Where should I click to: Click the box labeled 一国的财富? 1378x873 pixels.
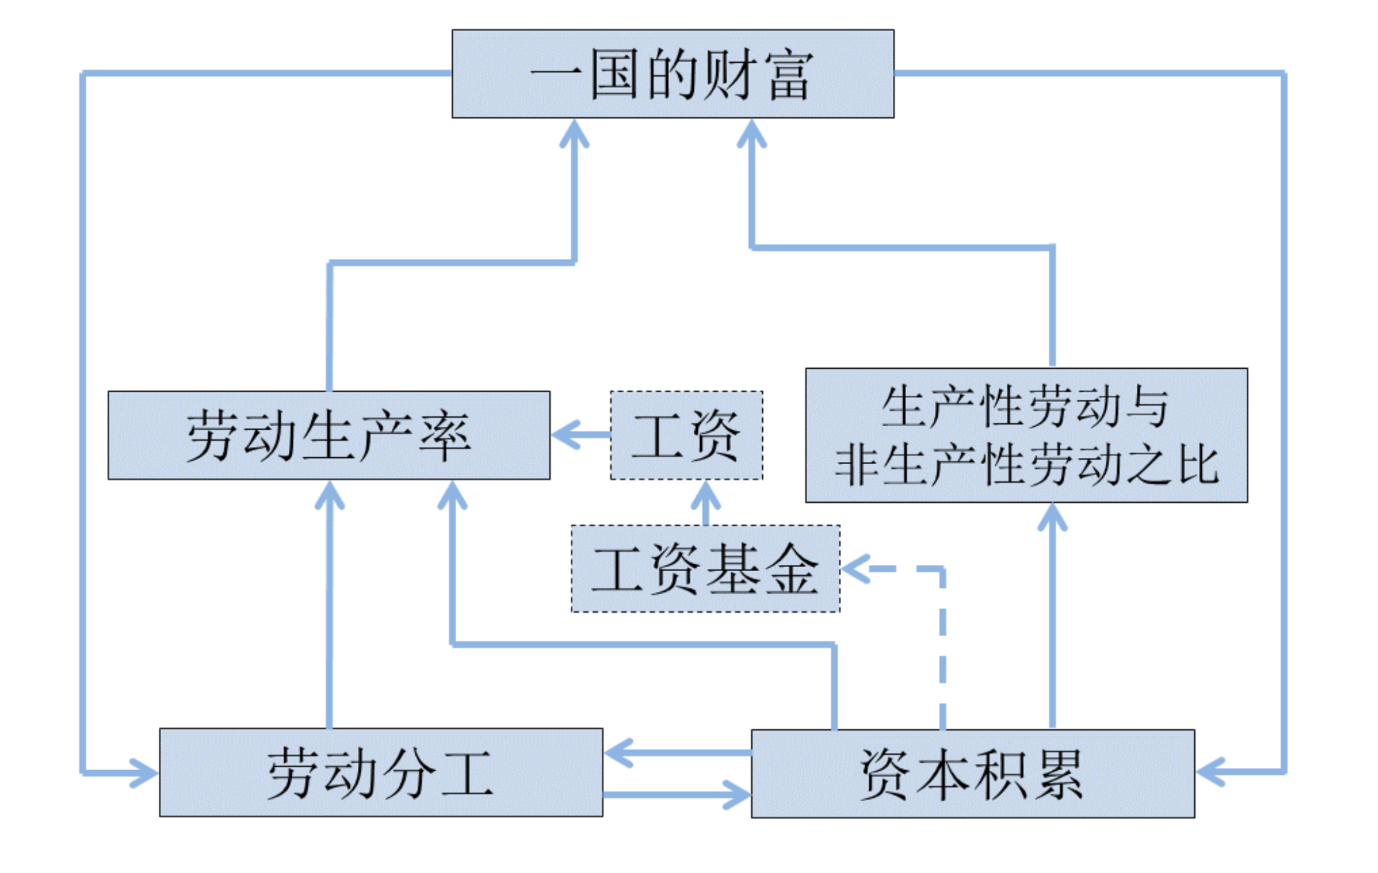pos(672,73)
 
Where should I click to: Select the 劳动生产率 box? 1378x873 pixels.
pos(328,435)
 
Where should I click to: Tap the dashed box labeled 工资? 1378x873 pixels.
pos(686,435)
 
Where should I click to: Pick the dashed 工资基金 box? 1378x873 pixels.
pos(705,568)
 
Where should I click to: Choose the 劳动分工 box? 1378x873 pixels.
pos(380,772)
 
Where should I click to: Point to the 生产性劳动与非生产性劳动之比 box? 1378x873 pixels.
pos(1026,435)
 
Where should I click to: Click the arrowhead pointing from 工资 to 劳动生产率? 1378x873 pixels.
pos(563,434)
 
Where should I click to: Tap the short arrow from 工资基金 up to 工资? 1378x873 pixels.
pos(706,503)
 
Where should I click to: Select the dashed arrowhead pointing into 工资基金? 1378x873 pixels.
pos(853,569)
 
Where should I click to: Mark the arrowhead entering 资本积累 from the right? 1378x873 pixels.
pos(1208,771)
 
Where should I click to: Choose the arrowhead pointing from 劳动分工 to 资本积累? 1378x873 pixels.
pos(738,794)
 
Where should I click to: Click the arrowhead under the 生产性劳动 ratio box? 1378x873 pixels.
pos(1052,515)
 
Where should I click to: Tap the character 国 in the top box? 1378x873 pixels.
pos(613,75)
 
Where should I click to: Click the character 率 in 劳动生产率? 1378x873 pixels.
pos(445,436)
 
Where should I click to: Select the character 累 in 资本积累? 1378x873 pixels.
pos(1057,774)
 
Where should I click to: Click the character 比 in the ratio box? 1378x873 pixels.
pos(1198,464)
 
